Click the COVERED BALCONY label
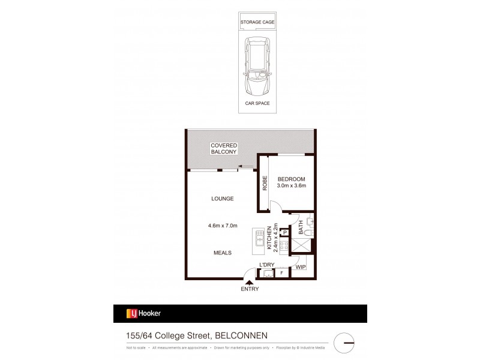tap(223, 149)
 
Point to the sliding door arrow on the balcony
tap(244, 167)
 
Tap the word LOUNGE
tap(221, 199)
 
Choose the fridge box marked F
tap(282, 274)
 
